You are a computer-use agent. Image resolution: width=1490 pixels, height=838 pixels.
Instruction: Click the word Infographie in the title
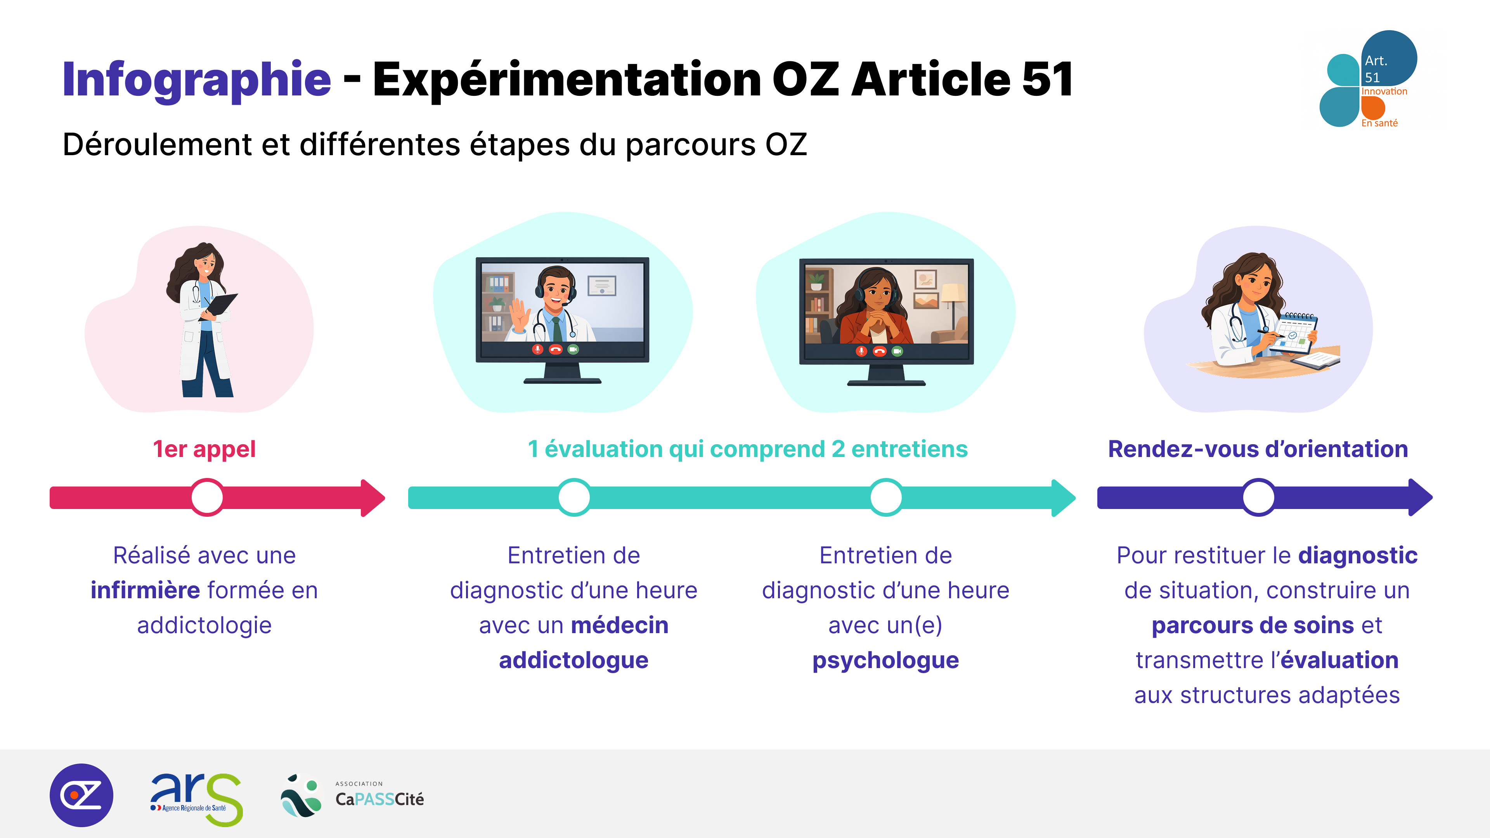point(197,80)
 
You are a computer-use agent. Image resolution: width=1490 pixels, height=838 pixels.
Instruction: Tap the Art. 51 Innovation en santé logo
point(1368,79)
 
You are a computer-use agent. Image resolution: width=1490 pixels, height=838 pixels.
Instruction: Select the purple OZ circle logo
point(81,795)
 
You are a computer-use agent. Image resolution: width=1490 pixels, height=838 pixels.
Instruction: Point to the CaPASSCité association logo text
point(379,795)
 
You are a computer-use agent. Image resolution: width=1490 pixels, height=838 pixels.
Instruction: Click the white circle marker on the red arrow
point(207,497)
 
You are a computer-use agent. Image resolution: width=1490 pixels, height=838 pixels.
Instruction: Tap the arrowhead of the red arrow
point(373,497)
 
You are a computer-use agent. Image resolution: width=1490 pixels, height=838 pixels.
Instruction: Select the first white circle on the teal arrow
point(574,497)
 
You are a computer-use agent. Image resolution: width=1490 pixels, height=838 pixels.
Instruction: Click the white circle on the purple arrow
point(1259,497)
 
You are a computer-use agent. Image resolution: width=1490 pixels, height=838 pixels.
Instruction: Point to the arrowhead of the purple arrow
point(1421,497)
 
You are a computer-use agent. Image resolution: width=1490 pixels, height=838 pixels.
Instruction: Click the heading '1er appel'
point(204,449)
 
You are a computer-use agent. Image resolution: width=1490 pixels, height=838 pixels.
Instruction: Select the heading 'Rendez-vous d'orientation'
point(1258,449)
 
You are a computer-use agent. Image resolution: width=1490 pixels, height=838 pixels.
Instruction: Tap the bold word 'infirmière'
point(145,590)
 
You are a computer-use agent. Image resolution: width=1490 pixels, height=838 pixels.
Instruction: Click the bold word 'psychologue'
point(885,660)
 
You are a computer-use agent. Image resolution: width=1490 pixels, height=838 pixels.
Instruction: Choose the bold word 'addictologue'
point(574,660)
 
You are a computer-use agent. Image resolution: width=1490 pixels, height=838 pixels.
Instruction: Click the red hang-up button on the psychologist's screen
point(880,351)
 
